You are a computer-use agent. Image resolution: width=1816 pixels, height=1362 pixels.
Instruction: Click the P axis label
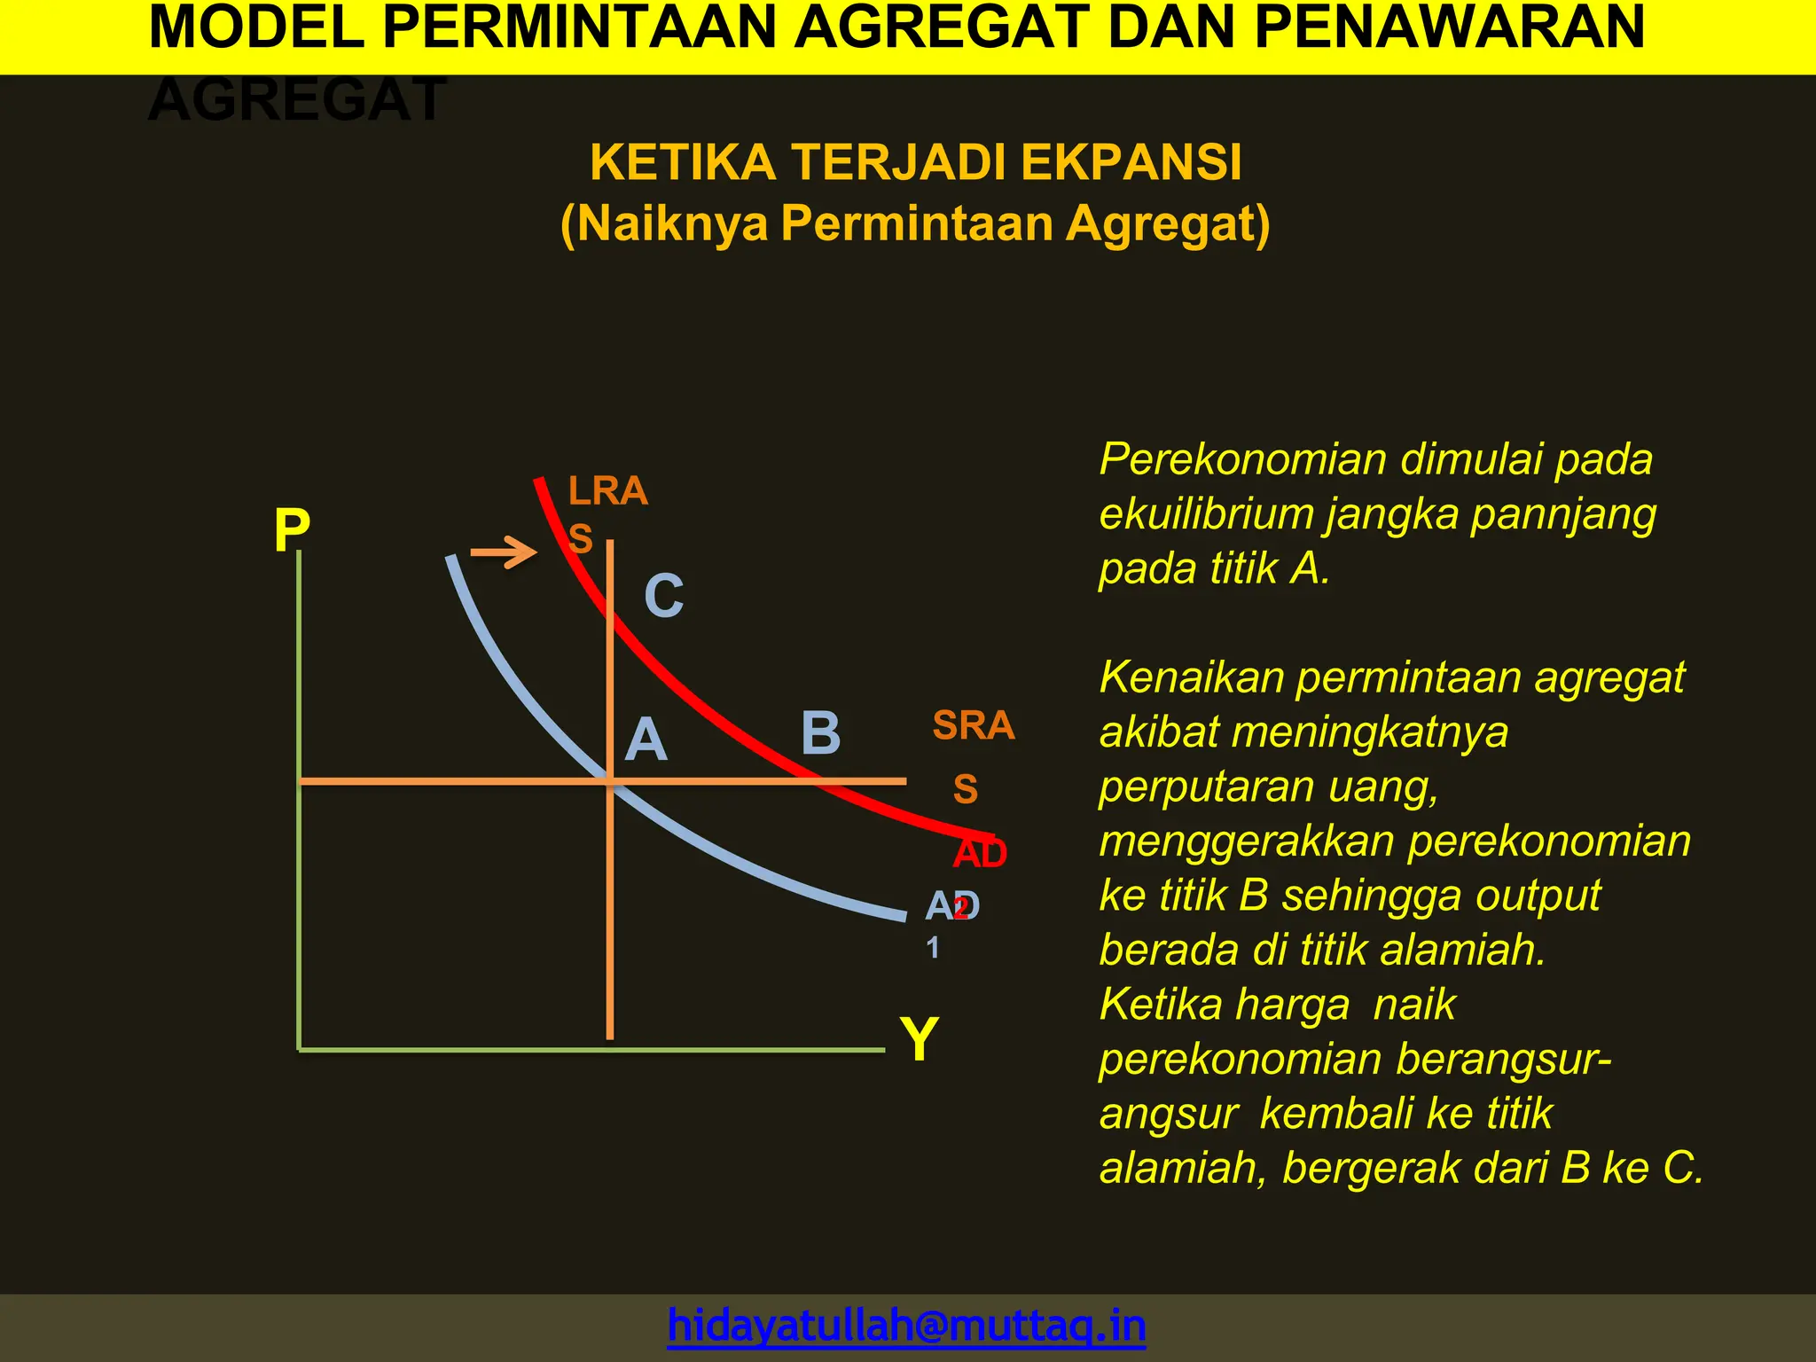point(292,531)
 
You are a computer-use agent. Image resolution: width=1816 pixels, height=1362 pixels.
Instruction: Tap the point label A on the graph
point(646,740)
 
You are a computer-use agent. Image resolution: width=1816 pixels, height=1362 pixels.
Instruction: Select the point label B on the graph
point(820,733)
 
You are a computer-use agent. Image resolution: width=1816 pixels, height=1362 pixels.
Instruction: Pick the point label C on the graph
point(663,595)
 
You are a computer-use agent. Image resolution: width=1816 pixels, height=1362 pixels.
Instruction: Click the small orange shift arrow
point(504,552)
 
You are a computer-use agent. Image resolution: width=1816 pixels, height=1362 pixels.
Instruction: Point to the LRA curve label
point(607,491)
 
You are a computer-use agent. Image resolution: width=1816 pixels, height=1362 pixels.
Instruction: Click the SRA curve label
point(973,725)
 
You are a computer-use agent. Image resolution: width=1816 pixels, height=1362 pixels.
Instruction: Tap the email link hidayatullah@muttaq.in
point(906,1325)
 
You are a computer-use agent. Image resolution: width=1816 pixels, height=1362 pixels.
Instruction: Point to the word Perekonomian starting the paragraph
point(1244,459)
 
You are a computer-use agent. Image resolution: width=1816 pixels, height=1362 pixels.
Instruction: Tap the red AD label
point(980,854)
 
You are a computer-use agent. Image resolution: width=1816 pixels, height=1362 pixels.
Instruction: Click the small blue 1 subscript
point(933,948)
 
